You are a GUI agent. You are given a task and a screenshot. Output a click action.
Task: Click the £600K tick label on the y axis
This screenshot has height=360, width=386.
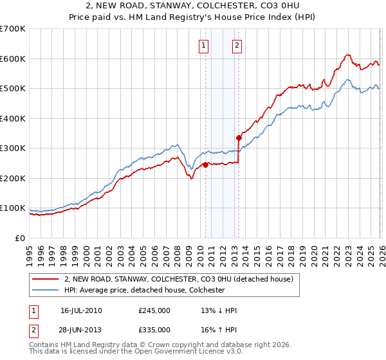pyautogui.click(x=13, y=59)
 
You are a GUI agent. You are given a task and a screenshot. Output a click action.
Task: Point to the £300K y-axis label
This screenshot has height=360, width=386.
pyautogui.click(x=13, y=148)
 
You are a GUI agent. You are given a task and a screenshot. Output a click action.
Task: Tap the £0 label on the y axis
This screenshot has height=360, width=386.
pyautogui.click(x=21, y=239)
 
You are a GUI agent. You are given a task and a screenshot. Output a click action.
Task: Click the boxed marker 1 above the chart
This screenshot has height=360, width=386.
pyautogui.click(x=203, y=45)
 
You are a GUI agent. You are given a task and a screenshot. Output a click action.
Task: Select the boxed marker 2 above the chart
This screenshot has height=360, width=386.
pyautogui.click(x=237, y=45)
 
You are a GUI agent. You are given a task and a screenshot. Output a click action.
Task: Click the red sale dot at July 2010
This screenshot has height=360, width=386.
pyautogui.click(x=205, y=165)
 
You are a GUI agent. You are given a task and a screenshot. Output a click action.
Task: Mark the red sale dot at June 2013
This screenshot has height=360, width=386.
pyautogui.click(x=239, y=138)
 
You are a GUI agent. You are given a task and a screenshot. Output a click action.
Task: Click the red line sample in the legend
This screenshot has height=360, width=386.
pyautogui.click(x=46, y=279)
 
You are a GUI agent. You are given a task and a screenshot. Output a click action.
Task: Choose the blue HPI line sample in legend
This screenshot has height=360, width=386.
pyautogui.click(x=46, y=290)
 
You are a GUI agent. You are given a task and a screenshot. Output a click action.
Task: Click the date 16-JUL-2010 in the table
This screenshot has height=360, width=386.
pyautogui.click(x=81, y=310)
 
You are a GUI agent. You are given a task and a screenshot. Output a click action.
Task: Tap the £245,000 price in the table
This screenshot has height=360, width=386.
pyautogui.click(x=154, y=310)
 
